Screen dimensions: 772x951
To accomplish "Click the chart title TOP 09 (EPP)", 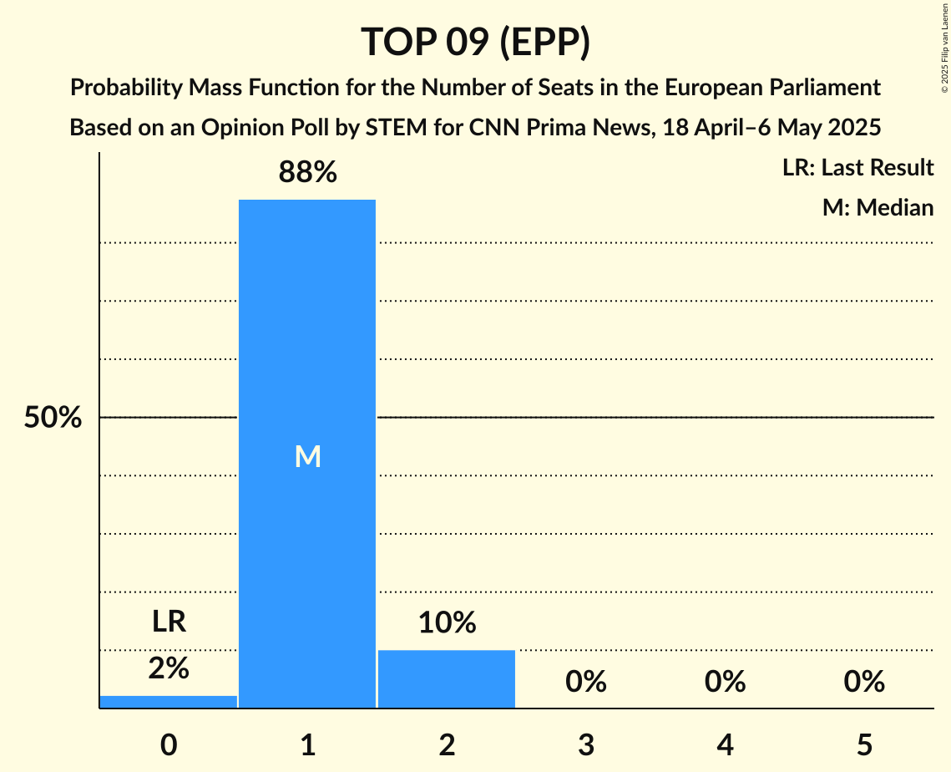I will pos(475,42).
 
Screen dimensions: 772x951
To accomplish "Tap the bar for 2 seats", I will pos(447,678).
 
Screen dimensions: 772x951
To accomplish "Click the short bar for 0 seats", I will pos(169,702).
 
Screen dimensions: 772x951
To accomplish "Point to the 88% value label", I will pos(307,173).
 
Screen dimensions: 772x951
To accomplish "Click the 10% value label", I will pos(447,622).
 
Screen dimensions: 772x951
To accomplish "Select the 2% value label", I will pos(169,668).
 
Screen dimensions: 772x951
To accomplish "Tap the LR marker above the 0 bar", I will pos(169,622).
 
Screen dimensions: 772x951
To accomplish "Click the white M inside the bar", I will pos(307,456).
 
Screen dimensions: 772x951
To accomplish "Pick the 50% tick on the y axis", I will pos(53,418).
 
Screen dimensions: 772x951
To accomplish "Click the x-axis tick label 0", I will pos(169,744).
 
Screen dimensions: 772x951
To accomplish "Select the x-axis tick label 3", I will pos(585,744).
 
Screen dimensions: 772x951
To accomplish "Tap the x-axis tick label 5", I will pos(863,744).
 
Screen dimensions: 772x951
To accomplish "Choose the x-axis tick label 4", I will pos(725,744).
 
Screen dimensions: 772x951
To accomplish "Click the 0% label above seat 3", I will pos(585,683).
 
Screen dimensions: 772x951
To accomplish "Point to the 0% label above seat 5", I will pos(863,683).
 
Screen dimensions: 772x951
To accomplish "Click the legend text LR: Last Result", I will pos(857,168).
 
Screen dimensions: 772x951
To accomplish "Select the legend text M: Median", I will pos(878,207).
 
